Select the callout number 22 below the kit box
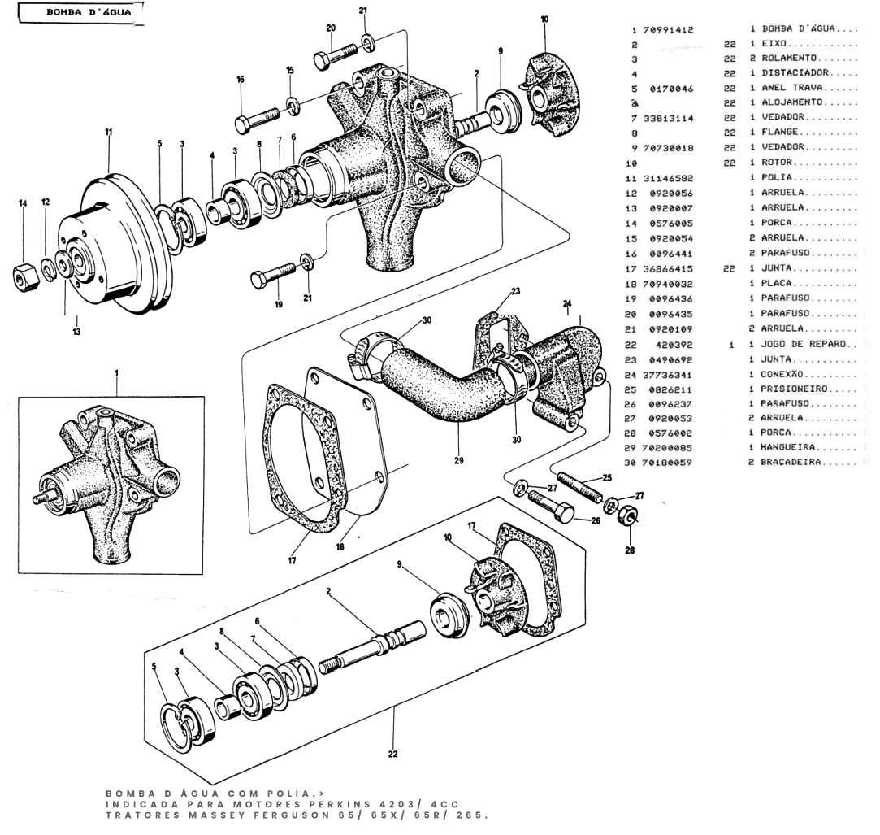tap(392, 754)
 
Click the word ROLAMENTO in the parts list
tap(789, 59)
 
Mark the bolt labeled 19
tap(273, 274)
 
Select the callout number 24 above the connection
tap(567, 303)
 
